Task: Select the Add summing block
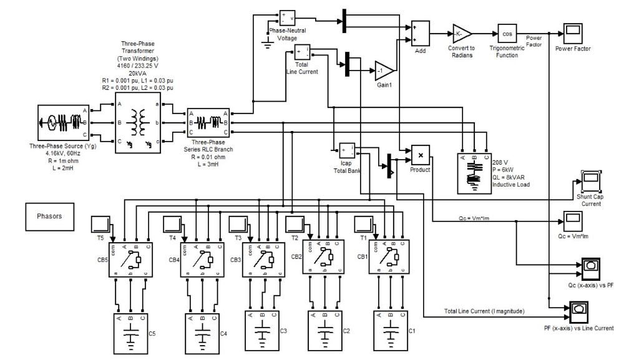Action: [x=420, y=34]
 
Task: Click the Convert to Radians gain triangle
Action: [x=462, y=34]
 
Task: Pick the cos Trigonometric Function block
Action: [x=507, y=34]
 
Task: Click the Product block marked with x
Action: [x=421, y=155]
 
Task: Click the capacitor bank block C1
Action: [x=390, y=329]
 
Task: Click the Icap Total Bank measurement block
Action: [x=347, y=150]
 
